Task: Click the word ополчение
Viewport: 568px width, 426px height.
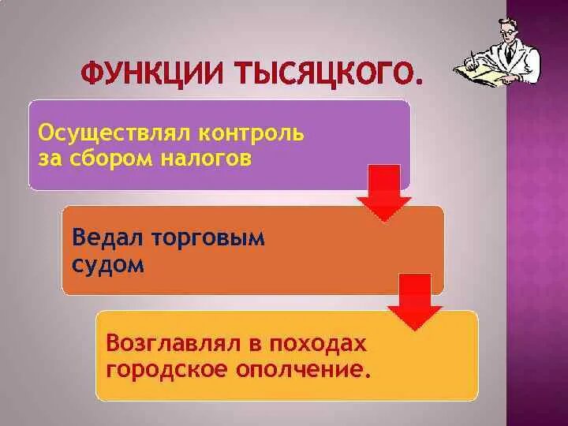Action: click(303, 368)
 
